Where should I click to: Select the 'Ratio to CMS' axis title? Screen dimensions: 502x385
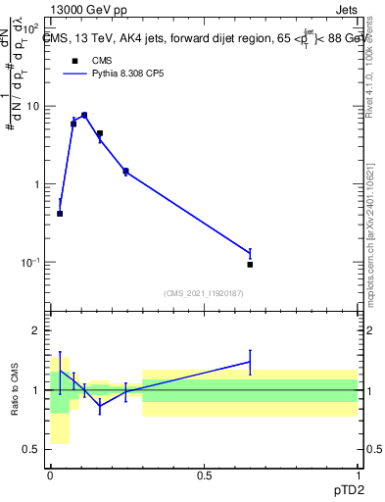pos(15,389)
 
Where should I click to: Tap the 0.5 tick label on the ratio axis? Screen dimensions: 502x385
pos(32,450)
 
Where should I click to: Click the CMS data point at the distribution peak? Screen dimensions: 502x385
pos(84,115)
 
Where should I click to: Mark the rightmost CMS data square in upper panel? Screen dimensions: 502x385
pos(250,265)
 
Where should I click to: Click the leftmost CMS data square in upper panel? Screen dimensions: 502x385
pos(60,214)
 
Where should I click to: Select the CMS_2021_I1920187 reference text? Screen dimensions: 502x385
pos(203,293)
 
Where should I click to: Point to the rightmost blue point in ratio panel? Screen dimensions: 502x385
pos(250,362)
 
